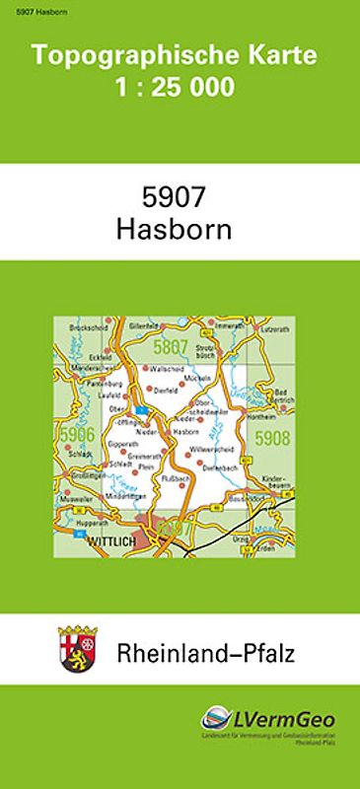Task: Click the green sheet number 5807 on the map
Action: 171,345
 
